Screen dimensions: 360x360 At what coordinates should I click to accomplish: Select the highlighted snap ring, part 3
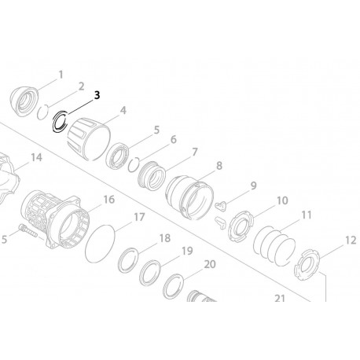point(61,123)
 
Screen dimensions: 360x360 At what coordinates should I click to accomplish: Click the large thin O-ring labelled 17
point(101,238)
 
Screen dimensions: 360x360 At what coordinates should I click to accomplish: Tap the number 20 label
point(208,265)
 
